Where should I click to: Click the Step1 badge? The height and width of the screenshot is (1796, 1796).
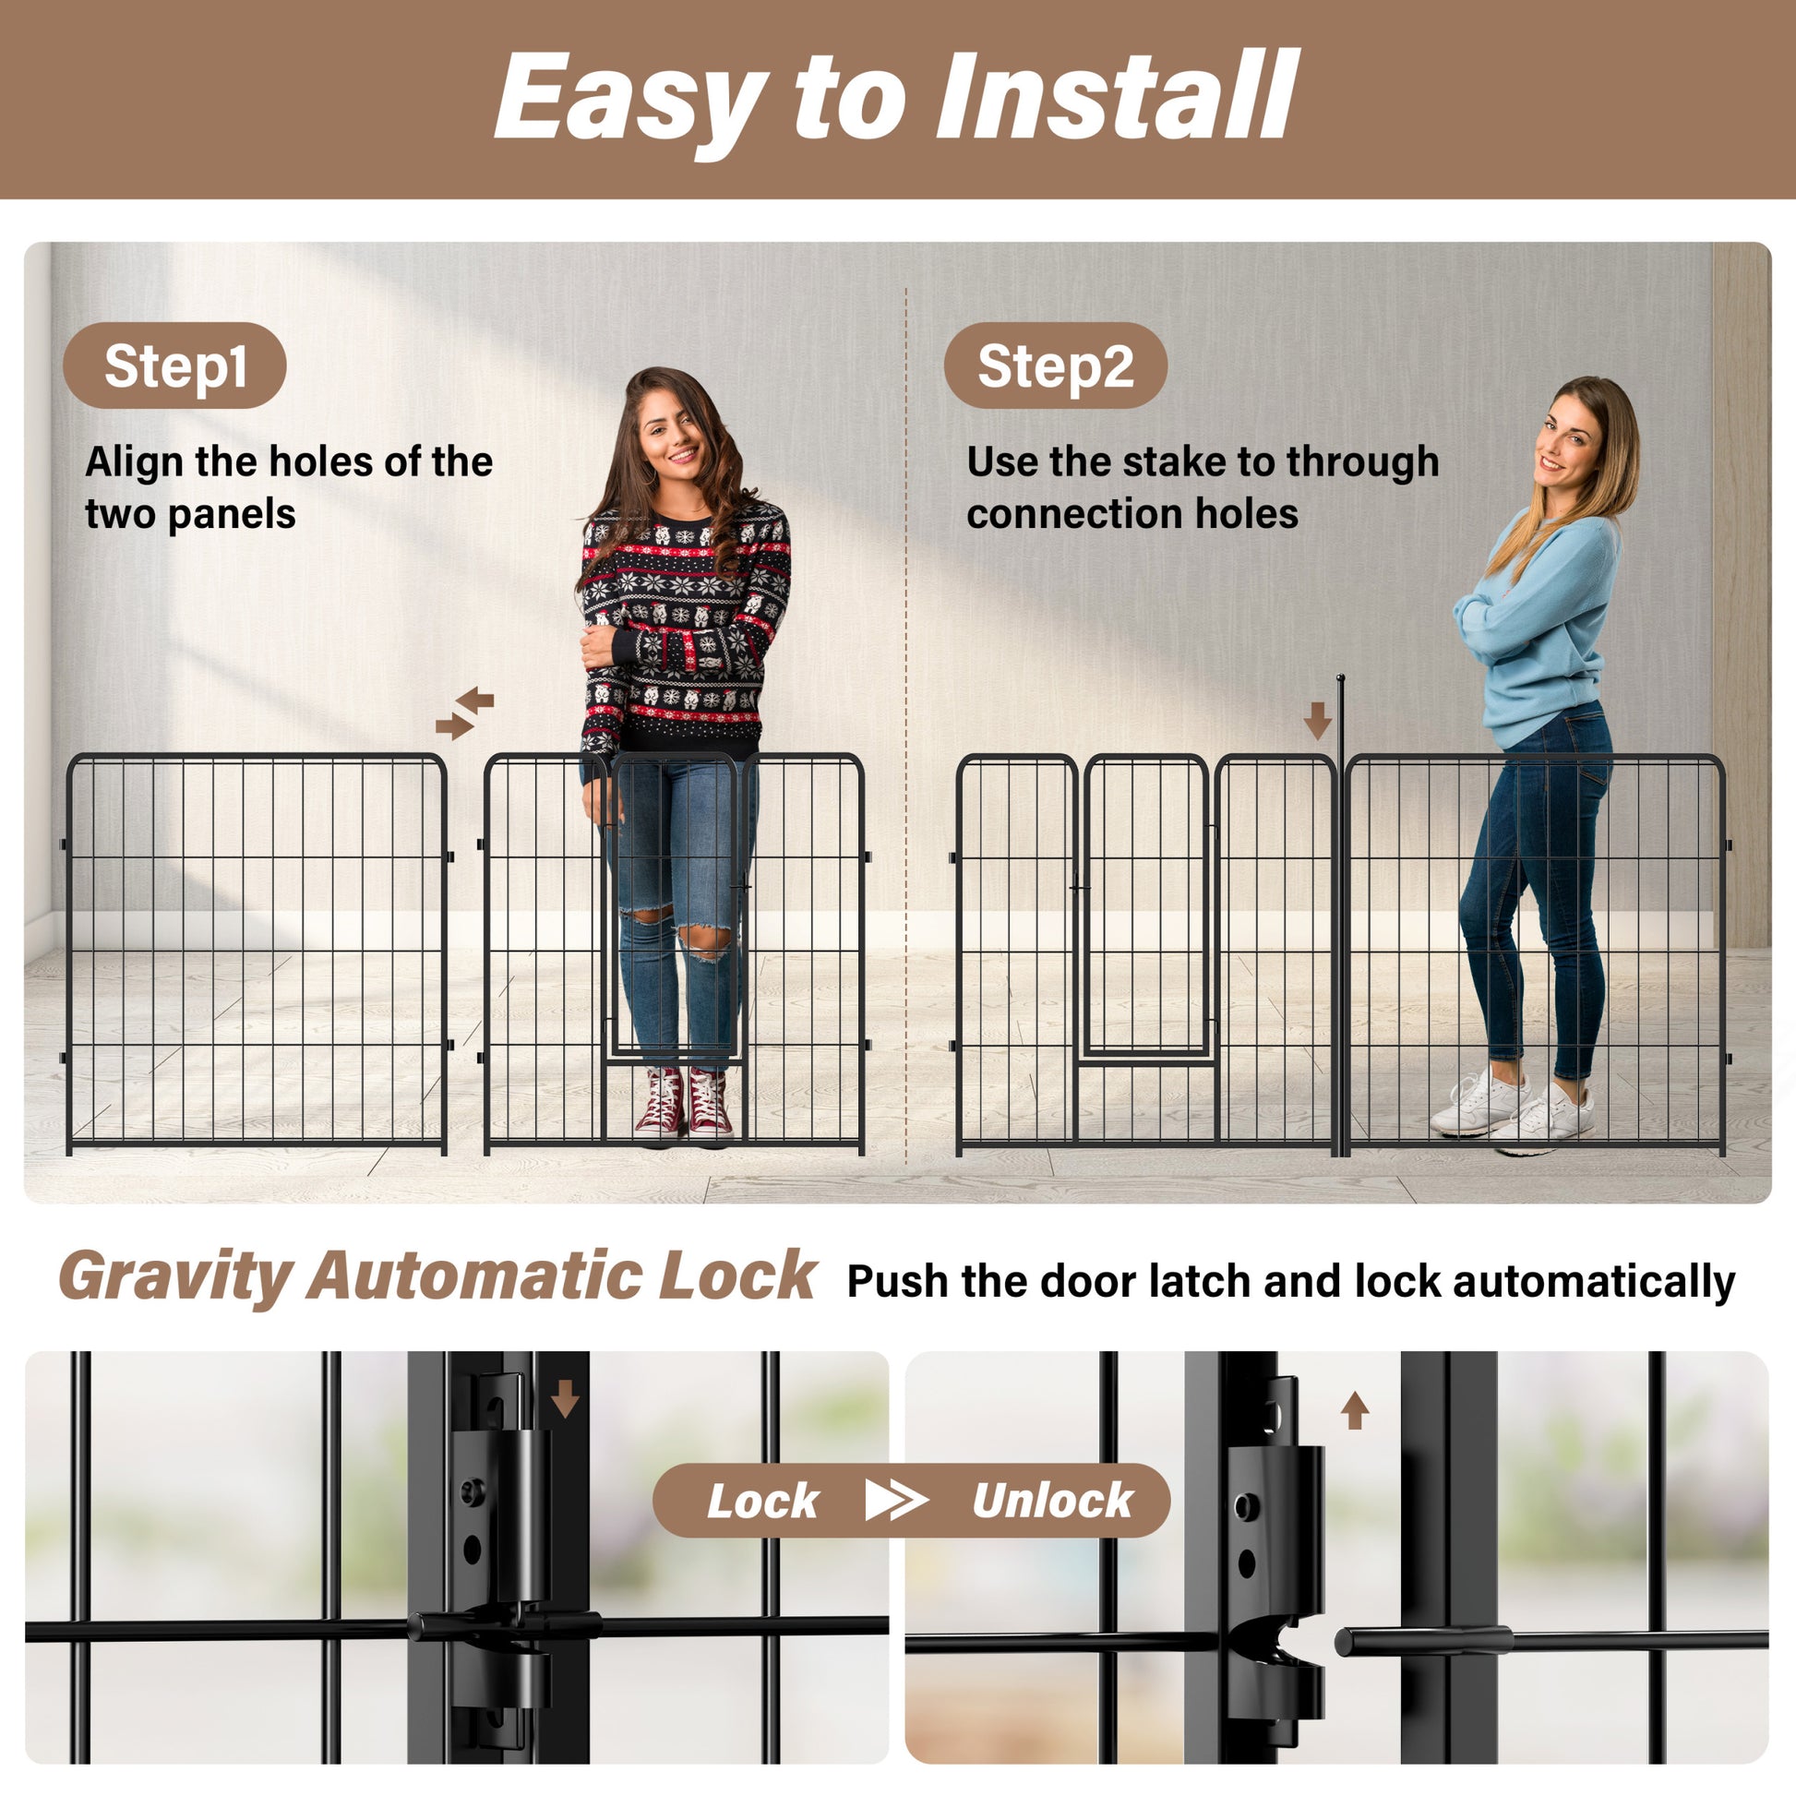[174, 365]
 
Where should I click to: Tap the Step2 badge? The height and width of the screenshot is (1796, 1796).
[1055, 365]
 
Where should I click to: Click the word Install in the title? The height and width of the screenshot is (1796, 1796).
[1116, 96]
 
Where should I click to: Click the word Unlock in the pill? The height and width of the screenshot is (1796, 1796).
[1052, 1501]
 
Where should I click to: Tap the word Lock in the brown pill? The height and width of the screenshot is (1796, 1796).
[762, 1501]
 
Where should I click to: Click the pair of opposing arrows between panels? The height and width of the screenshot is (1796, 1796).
[465, 713]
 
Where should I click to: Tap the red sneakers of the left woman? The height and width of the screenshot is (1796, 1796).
[684, 1105]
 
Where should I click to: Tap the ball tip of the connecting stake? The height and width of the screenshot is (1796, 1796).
[1340, 678]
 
